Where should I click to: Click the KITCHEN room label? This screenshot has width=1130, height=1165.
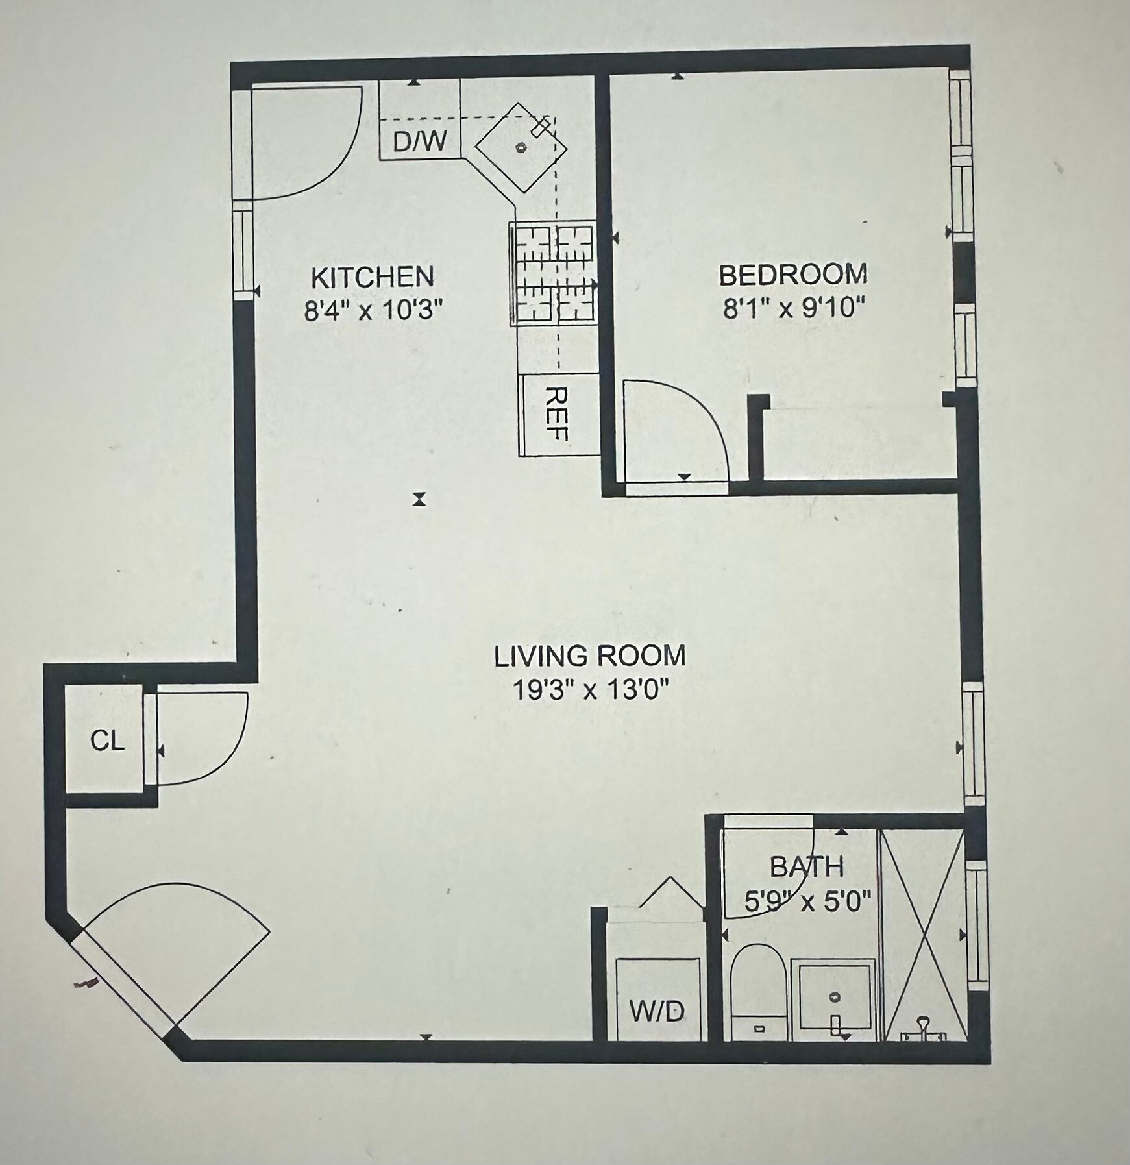(x=372, y=277)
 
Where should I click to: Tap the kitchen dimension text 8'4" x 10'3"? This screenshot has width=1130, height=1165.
(x=373, y=311)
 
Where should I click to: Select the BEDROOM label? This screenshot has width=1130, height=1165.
(x=793, y=275)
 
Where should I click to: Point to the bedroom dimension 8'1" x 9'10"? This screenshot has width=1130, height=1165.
(x=794, y=308)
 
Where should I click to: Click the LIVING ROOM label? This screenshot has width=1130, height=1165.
(x=589, y=656)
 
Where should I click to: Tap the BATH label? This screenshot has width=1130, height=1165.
(x=807, y=867)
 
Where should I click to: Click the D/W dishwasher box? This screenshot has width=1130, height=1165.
(x=419, y=141)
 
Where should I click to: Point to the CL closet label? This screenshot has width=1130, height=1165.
(x=107, y=741)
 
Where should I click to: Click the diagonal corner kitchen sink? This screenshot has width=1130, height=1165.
(x=521, y=147)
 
